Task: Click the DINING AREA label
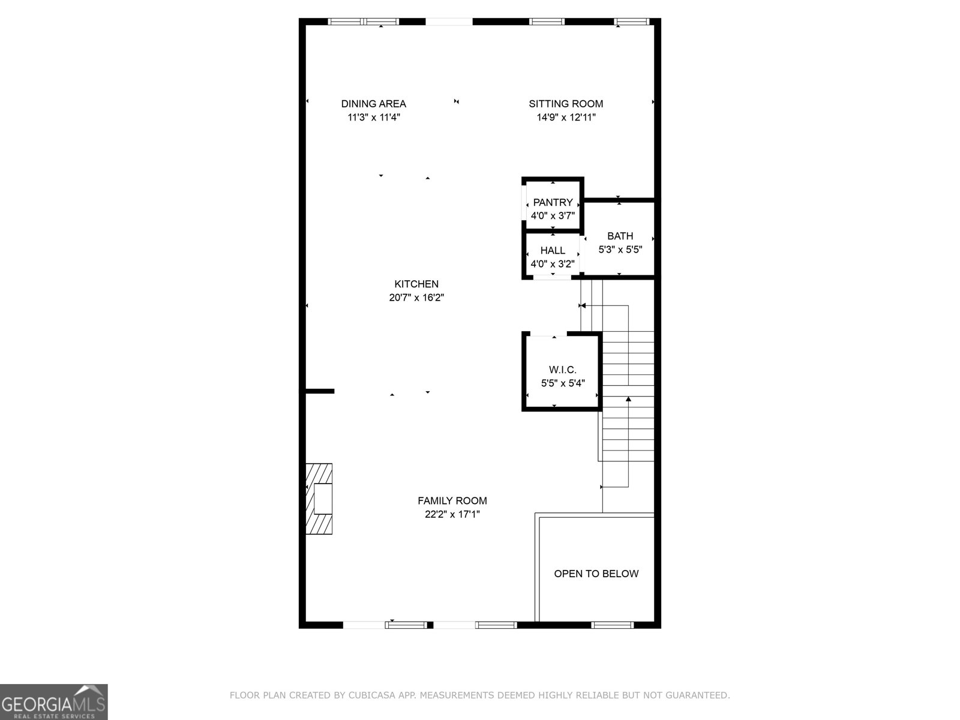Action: pyautogui.click(x=374, y=104)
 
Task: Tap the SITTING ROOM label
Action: pyautogui.click(x=566, y=104)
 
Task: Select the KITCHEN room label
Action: pyautogui.click(x=416, y=284)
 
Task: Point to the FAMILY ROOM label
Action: pyautogui.click(x=452, y=500)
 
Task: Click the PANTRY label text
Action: pyautogui.click(x=553, y=202)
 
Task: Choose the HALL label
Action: pyautogui.click(x=553, y=250)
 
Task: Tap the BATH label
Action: pyautogui.click(x=620, y=236)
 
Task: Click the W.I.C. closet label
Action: pyautogui.click(x=563, y=370)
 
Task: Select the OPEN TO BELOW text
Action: pyautogui.click(x=596, y=574)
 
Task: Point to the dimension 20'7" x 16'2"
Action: pyautogui.click(x=416, y=298)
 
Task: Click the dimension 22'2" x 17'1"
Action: pyautogui.click(x=452, y=514)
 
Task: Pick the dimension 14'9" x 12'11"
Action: pyautogui.click(x=566, y=117)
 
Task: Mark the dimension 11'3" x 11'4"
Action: pyautogui.click(x=374, y=117)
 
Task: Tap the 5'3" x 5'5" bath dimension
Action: pyautogui.click(x=620, y=250)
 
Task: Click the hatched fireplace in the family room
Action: pyautogui.click(x=319, y=499)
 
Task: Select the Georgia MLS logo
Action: pyautogui.click(x=54, y=701)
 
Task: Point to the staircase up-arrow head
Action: pyautogui.click(x=628, y=398)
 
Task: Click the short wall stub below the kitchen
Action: pyautogui.click(x=320, y=391)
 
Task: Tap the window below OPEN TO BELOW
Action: pyautogui.click(x=613, y=625)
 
